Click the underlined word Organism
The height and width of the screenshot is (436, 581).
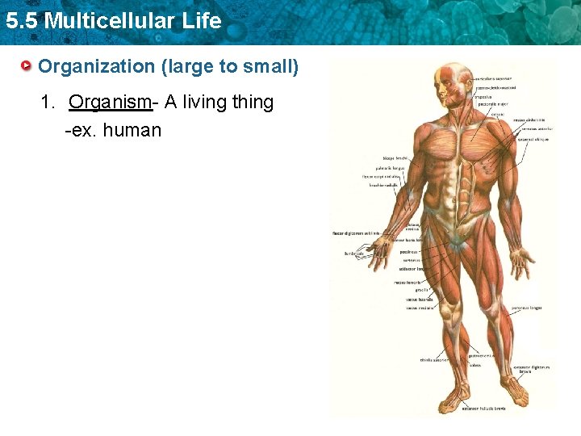pyautogui.click(x=110, y=103)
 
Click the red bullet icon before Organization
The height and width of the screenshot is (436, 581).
pyautogui.click(x=27, y=65)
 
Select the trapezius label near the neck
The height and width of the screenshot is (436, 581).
pyautogui.click(x=490, y=95)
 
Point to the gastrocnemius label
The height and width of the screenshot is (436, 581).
pyautogui.click(x=482, y=355)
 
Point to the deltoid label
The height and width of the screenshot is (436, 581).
pyautogui.click(x=499, y=114)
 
